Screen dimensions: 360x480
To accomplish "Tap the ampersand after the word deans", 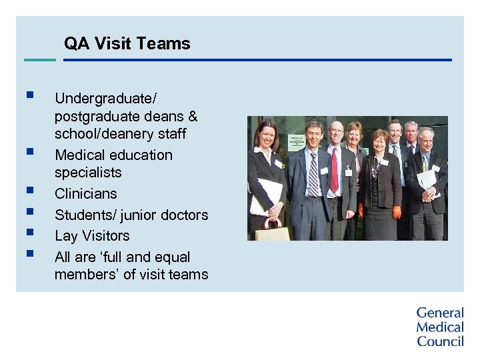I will click(x=193, y=117).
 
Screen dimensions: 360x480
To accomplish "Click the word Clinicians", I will click(x=85, y=194).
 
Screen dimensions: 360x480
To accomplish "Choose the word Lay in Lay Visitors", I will click(x=65, y=236).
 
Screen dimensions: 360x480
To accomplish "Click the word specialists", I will click(x=88, y=173).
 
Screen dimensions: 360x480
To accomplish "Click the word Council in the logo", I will click(x=440, y=341).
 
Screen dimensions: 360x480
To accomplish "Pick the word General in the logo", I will click(x=440, y=313).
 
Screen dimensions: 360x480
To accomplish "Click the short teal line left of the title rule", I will click(x=39, y=60).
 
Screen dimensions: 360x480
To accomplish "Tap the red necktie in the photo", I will click(x=334, y=170).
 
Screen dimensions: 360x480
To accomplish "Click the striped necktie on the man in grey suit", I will click(x=313, y=174).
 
